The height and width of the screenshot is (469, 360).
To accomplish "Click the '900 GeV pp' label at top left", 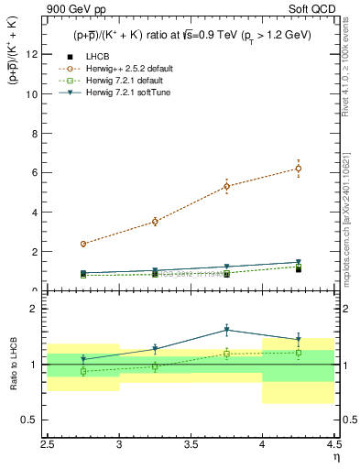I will coord(76,10).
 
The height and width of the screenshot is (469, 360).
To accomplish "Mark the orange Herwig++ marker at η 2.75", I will coord(83,244).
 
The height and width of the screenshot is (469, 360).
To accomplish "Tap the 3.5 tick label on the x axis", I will coord(191,442).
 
